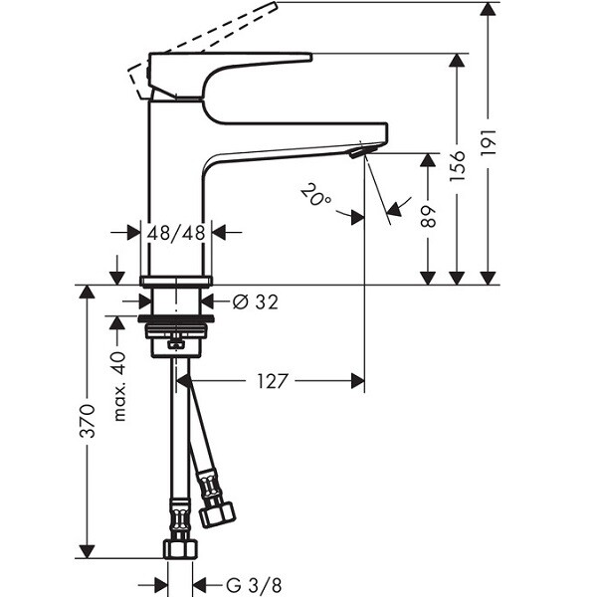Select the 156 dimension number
[x=458, y=166]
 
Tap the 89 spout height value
[x=428, y=216]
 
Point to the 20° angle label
[x=316, y=195]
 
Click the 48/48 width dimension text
[x=176, y=232]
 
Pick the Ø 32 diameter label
[x=256, y=301]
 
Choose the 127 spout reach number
[x=271, y=381]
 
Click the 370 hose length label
[x=88, y=421]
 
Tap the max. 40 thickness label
[x=118, y=387]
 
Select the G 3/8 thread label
[x=254, y=585]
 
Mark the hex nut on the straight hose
[x=180, y=549]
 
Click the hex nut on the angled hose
[x=217, y=515]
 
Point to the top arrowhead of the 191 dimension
[x=488, y=9]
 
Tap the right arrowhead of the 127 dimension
[x=358, y=381]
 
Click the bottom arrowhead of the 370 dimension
[x=88, y=551]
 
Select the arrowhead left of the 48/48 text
[x=133, y=232]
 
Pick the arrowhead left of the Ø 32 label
[x=144, y=301]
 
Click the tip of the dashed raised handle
[x=275, y=4]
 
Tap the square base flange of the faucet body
[x=176, y=281]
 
